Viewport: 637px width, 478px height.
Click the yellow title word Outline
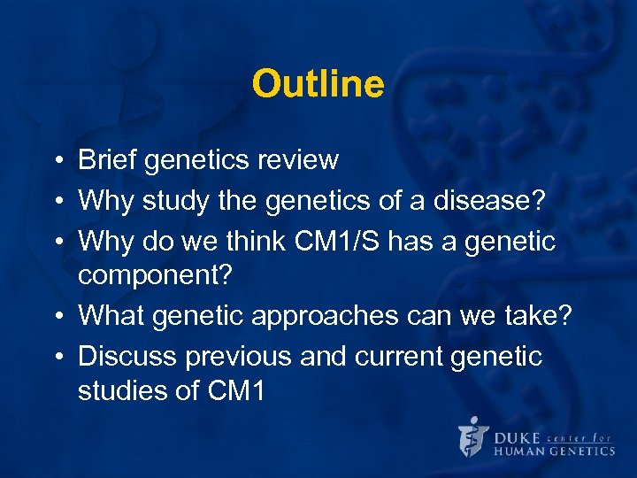[x=318, y=85]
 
